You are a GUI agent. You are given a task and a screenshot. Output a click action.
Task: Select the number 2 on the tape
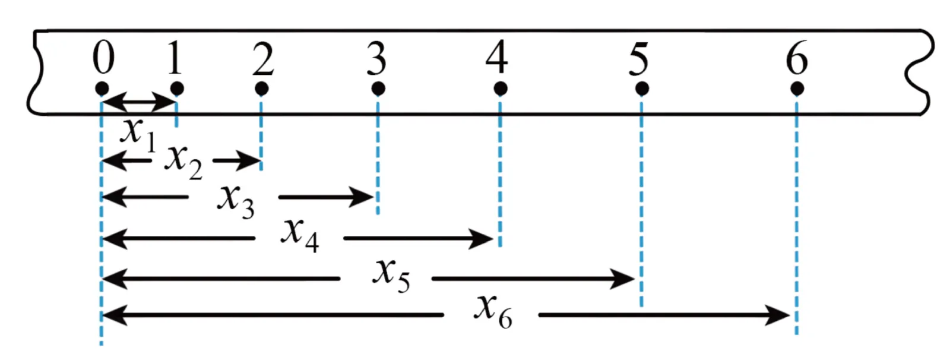tap(262, 58)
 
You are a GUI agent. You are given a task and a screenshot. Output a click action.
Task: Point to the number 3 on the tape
tap(377, 58)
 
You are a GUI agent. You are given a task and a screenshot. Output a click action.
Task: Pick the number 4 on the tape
tap(497, 56)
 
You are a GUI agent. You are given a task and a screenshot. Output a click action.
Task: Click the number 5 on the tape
tap(639, 58)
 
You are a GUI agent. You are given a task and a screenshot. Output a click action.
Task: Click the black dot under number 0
tap(102, 89)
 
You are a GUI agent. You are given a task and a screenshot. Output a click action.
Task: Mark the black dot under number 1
tap(177, 89)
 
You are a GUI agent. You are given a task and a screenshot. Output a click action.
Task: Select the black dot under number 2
tap(262, 89)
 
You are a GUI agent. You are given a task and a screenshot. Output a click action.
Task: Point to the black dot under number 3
tap(378, 89)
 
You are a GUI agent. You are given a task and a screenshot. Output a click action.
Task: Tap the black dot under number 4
tap(501, 89)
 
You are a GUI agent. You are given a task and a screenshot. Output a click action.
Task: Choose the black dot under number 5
tap(642, 89)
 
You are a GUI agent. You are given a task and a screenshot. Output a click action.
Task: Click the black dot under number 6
tap(797, 89)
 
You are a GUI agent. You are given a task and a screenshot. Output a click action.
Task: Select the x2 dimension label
tap(183, 162)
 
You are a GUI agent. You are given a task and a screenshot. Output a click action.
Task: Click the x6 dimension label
tap(493, 312)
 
